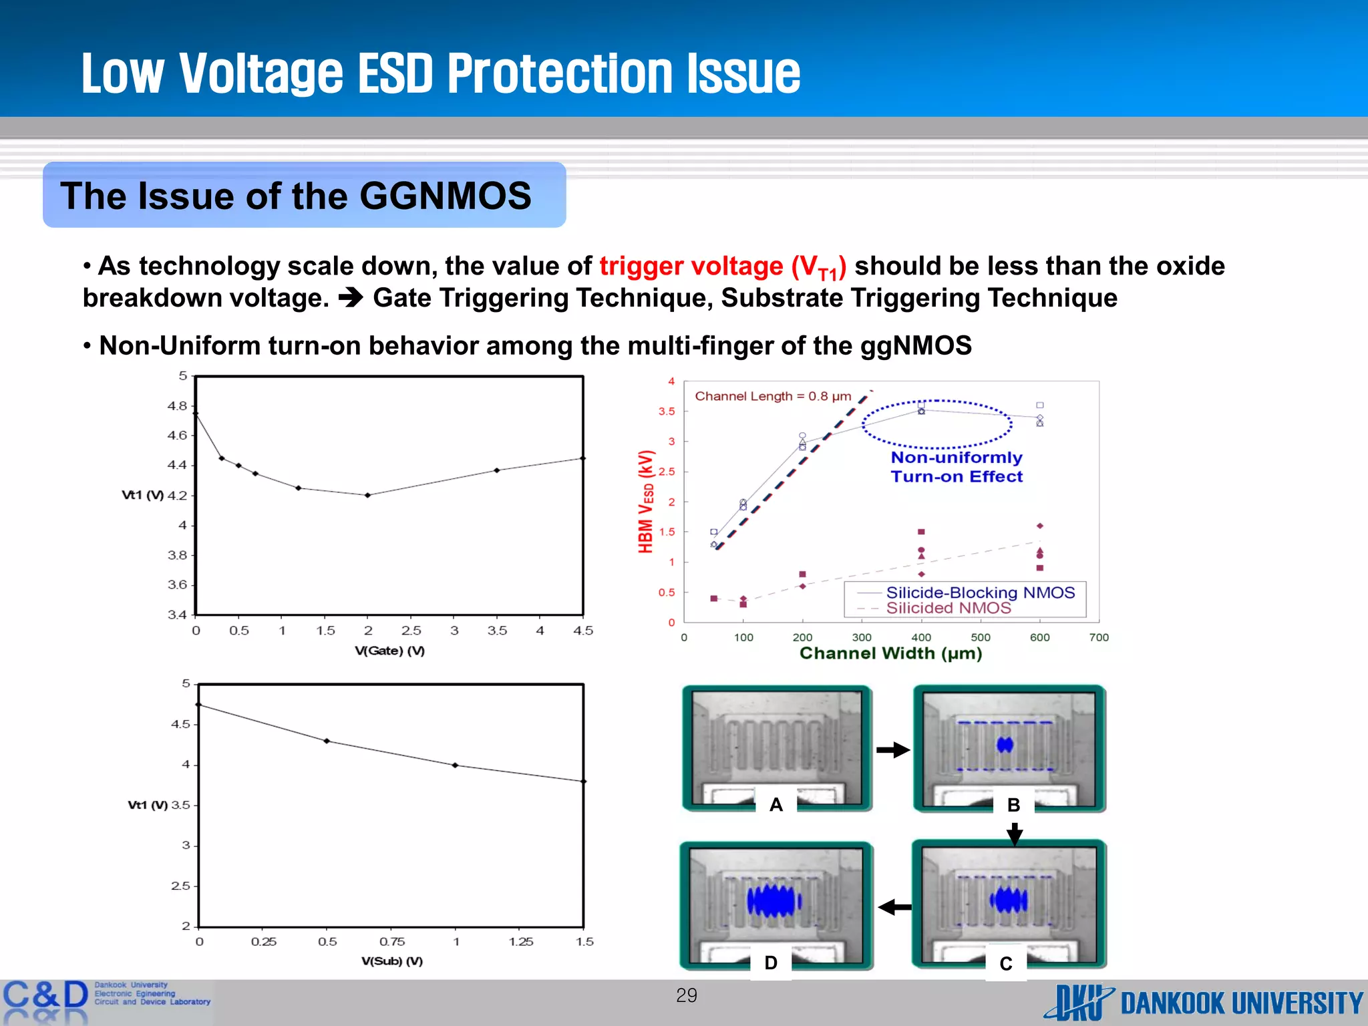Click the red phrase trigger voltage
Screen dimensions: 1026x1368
click(x=691, y=266)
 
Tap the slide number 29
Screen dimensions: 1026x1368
click(x=686, y=995)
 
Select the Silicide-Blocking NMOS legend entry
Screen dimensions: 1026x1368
click(x=980, y=592)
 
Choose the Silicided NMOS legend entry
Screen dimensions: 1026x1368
click(x=948, y=608)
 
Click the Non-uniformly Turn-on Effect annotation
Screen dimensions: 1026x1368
click(x=956, y=467)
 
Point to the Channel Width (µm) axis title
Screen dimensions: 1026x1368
click(x=890, y=653)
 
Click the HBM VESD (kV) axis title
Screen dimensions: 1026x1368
click(x=645, y=502)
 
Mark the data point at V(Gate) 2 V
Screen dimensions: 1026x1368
click(x=367, y=495)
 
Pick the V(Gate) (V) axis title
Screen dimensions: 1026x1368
click(x=389, y=651)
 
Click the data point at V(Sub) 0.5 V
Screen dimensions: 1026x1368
click(x=327, y=741)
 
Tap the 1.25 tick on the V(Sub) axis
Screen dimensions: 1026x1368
click(x=520, y=942)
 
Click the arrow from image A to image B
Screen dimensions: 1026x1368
click(x=893, y=750)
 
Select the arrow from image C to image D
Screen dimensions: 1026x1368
click(x=894, y=907)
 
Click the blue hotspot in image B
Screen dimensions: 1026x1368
click(x=1005, y=744)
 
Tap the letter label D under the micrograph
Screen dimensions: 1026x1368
click(x=771, y=963)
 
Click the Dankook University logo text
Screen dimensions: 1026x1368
click(x=1241, y=1003)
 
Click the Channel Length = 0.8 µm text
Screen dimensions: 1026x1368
click(x=773, y=396)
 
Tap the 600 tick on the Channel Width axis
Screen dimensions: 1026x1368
click(x=1039, y=637)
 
